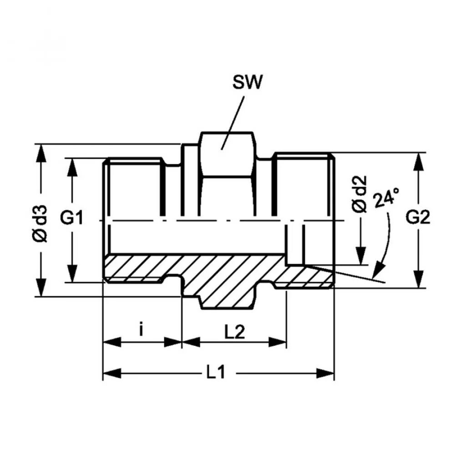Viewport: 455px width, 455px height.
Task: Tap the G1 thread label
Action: [x=72, y=218]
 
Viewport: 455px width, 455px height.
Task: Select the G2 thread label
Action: [x=418, y=218]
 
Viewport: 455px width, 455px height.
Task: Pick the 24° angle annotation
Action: [x=386, y=198]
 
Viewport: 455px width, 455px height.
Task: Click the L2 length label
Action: [x=235, y=332]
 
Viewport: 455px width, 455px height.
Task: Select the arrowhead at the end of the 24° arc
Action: [x=377, y=273]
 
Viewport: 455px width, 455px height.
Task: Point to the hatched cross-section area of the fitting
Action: [x=218, y=278]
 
